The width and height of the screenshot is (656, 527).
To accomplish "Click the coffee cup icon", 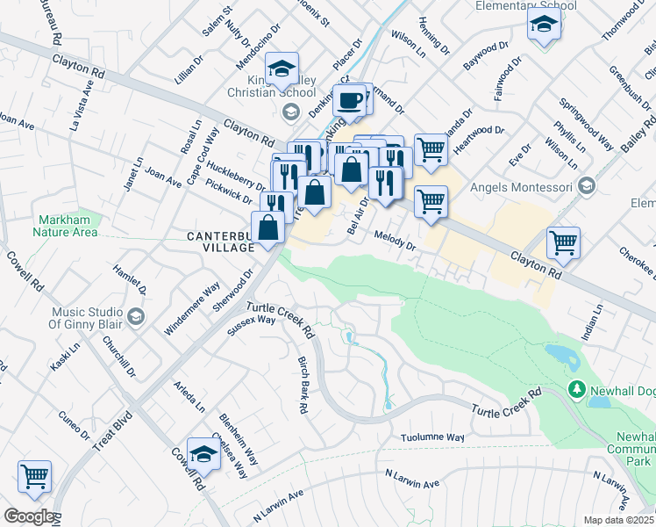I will coord(350,100).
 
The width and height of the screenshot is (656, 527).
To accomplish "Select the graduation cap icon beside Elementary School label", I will coord(545,26).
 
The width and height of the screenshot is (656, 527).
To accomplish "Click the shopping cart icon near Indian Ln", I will coord(563,242).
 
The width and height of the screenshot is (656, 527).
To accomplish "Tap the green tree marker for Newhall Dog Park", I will coord(577,387).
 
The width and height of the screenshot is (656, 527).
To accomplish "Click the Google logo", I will coord(28,516).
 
